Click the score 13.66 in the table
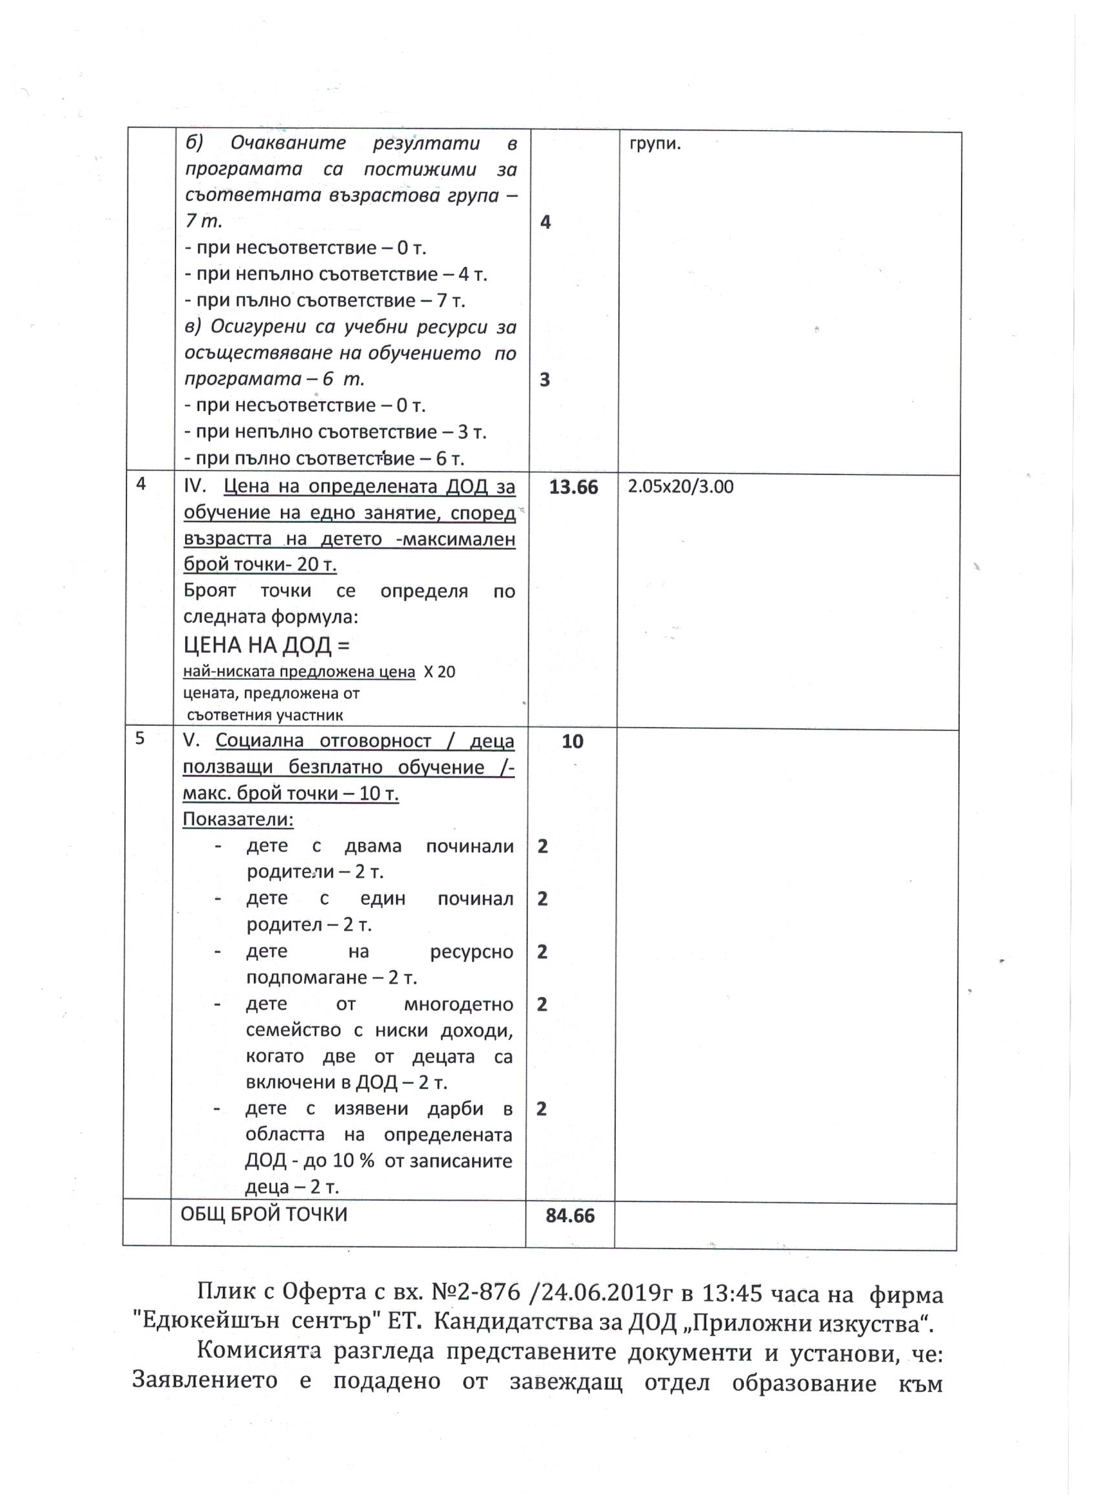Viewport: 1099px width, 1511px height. pos(573,487)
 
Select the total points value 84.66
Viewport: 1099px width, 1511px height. pos(570,1216)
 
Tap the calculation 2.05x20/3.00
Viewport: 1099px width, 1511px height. pos(681,487)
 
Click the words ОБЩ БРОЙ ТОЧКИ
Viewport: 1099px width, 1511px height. pos(264,1214)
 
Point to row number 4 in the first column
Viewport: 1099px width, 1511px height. pos(141,483)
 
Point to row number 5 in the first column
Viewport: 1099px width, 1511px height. pos(139,738)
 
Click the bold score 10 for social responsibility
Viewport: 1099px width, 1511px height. pos(572,741)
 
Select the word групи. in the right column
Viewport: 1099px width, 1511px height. pos(655,143)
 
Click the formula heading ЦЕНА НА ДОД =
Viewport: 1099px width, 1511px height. pos(266,645)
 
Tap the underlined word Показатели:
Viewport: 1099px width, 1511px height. pos(238,819)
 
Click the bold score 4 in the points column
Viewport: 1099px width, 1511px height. pos(545,222)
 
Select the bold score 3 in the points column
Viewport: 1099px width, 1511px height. pos(544,380)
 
